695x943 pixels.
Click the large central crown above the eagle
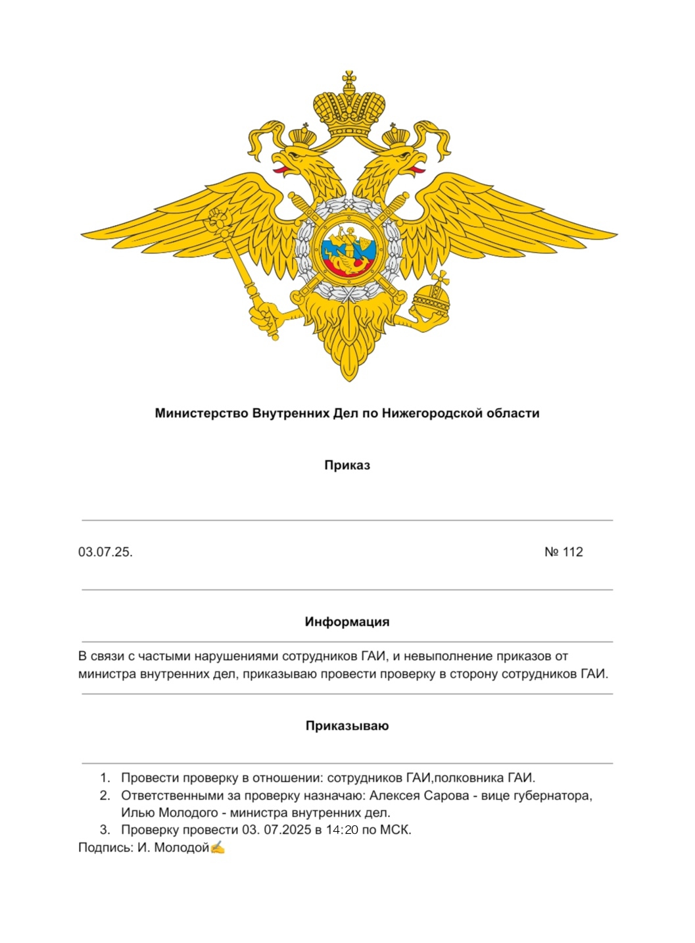click(x=348, y=107)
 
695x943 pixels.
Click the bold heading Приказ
click(x=347, y=465)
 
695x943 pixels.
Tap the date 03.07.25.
click(x=105, y=552)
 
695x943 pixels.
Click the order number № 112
click(x=563, y=552)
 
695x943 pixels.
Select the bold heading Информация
click(x=347, y=622)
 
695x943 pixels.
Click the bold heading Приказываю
click(x=347, y=726)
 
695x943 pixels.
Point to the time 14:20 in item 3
click(x=342, y=830)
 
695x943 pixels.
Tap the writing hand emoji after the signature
click(x=218, y=848)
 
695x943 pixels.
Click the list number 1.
click(x=104, y=778)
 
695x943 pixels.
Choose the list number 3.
click(x=104, y=830)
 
